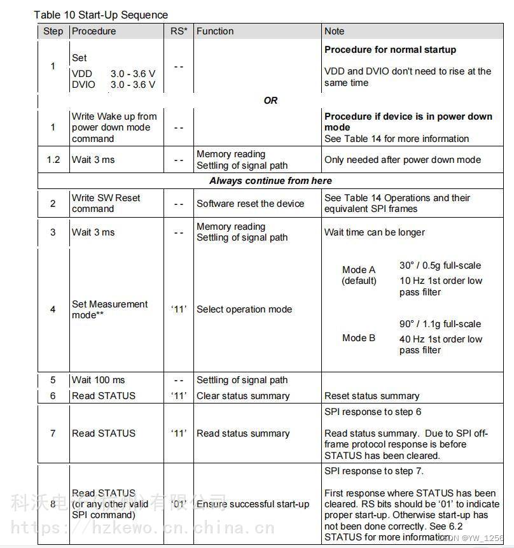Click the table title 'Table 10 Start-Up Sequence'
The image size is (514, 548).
coord(101,15)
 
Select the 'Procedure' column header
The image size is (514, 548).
coord(94,31)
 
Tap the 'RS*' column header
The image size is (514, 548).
coord(179,31)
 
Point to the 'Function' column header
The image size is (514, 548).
coord(215,31)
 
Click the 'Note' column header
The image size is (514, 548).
coord(334,31)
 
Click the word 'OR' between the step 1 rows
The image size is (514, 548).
coord(270,100)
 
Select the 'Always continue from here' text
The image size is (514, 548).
coord(270,181)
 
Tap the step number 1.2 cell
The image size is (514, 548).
coord(53,160)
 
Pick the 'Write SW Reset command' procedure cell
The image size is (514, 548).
coord(106,203)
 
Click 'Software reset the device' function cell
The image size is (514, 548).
coord(251,204)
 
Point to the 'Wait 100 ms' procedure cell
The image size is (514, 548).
coord(99,380)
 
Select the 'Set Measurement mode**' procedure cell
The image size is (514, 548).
coord(109,309)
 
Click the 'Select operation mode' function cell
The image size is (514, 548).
coord(244,309)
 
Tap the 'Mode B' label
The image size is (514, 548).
coord(359,338)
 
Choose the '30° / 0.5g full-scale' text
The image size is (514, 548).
coord(440,265)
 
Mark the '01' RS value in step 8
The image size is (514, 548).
coord(179,504)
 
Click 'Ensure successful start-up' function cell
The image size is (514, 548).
coord(253,504)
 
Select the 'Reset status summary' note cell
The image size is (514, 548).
coord(372,396)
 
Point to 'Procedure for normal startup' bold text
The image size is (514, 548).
coord(390,50)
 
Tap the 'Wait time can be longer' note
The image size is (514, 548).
coord(375,232)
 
